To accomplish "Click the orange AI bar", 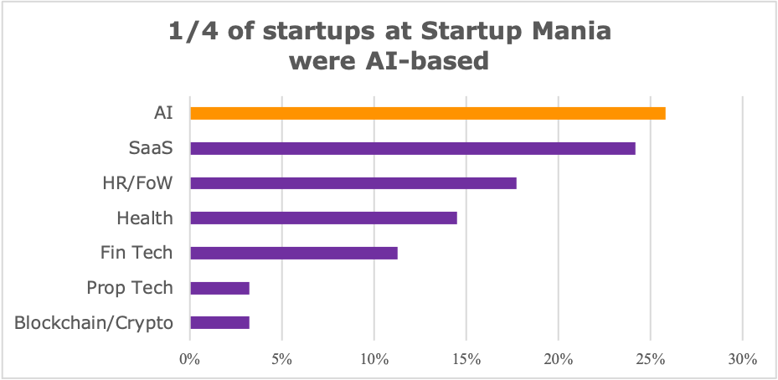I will tap(427, 114).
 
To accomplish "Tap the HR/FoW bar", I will tap(353, 183).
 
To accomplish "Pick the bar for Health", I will tap(323, 218).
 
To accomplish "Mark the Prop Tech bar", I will tap(219, 288).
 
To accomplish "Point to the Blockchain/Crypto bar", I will tap(219, 322).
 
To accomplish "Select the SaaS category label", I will tap(151, 149).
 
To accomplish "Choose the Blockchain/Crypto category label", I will tap(94, 322).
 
